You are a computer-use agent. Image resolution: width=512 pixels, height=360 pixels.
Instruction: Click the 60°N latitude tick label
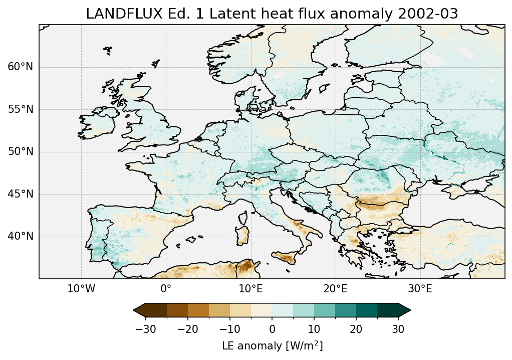click(21, 67)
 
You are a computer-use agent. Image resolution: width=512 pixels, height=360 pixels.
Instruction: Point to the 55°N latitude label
click(21, 109)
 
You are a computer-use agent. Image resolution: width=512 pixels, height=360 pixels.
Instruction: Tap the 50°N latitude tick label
click(21, 152)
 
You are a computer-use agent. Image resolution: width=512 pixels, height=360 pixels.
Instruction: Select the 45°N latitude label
click(21, 194)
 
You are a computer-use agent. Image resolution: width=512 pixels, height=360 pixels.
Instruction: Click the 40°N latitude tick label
click(21, 236)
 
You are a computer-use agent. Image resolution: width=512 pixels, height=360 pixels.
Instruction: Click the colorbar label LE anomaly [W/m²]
click(272, 346)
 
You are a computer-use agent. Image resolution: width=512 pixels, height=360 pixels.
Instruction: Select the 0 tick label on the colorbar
click(272, 329)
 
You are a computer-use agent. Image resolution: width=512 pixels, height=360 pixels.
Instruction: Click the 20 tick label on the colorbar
click(356, 329)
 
